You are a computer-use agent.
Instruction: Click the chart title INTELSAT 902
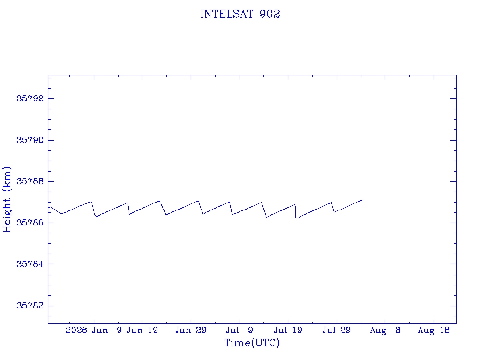240,14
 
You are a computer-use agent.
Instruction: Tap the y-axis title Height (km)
7,199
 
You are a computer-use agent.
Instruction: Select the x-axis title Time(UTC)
252,343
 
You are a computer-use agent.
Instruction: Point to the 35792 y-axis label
30,98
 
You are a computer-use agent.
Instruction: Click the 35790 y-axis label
30,140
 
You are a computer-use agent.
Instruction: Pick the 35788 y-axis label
30,181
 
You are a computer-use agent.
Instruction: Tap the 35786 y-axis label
30,223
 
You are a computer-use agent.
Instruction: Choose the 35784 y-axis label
30,264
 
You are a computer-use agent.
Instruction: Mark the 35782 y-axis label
30,306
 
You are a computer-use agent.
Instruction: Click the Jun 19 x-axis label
142,330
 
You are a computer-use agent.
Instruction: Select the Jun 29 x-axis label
191,330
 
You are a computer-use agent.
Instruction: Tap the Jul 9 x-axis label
240,330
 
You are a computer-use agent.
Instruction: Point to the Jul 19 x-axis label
288,330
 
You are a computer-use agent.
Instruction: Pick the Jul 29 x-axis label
337,330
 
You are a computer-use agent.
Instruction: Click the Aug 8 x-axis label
385,330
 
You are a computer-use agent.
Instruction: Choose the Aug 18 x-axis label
434,330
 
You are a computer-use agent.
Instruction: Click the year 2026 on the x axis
76,330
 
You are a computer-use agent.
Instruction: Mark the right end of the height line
363,200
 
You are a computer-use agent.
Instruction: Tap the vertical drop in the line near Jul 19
295,211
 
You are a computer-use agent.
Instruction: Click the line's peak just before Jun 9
91,202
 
